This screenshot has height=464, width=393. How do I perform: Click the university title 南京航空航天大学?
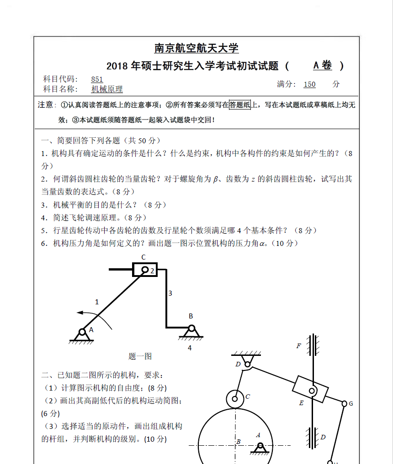(x=196, y=48)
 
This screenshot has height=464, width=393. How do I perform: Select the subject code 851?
(x=97, y=79)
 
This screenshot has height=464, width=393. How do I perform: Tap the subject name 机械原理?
(x=107, y=89)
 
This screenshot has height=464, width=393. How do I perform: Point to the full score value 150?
(x=309, y=84)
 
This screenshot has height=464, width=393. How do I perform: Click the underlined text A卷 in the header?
(x=323, y=66)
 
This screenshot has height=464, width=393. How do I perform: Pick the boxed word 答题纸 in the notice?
(x=240, y=105)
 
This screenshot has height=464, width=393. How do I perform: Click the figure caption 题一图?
(x=140, y=356)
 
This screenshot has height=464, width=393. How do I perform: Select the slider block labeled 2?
(x=145, y=270)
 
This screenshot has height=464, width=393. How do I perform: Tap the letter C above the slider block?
(x=143, y=257)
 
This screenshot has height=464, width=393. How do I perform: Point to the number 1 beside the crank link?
(x=96, y=302)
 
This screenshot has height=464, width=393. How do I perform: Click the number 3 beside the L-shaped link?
(x=170, y=293)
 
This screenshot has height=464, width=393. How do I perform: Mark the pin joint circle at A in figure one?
(x=83, y=332)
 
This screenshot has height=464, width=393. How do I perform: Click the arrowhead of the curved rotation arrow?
(x=80, y=313)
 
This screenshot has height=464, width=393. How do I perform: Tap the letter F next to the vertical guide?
(x=299, y=346)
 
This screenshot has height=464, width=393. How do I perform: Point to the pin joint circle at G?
(x=344, y=403)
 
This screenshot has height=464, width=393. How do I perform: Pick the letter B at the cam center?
(x=239, y=442)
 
